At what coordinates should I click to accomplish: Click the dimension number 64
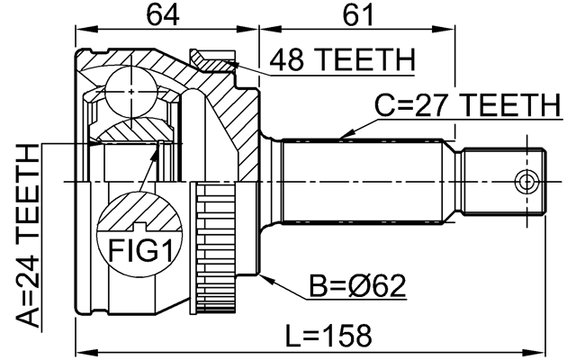163,15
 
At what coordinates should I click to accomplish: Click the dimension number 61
357,15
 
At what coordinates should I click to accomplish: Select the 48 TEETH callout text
342,60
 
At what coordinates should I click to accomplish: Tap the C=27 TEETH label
468,105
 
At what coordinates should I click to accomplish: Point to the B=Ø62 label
357,285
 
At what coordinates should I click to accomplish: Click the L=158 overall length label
328,335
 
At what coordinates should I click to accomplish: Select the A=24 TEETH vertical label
28,236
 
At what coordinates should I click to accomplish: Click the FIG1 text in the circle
140,250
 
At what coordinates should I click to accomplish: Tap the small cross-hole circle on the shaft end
526,182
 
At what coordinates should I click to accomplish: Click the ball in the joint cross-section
131,92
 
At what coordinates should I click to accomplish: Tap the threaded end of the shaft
503,182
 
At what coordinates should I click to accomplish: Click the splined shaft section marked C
362,182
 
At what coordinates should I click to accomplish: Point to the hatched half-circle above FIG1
139,212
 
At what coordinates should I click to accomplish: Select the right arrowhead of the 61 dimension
444,30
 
